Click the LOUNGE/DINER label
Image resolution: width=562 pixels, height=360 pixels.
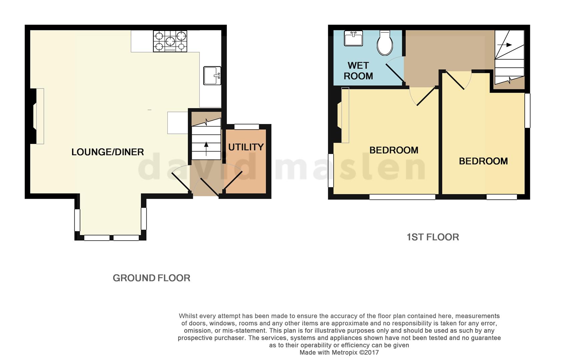point(107,152)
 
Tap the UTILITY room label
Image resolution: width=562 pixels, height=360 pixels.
point(246,147)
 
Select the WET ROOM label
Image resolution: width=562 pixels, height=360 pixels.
point(358,71)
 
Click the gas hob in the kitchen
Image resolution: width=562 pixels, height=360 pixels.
point(170,41)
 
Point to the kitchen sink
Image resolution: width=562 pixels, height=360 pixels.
point(212,76)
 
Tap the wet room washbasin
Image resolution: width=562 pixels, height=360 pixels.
point(353,38)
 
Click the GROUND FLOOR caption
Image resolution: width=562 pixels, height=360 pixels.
point(151,278)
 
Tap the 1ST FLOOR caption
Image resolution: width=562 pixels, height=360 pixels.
point(433,237)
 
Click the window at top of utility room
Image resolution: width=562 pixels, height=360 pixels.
point(246,127)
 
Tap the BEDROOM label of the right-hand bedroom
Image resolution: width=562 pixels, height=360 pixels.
point(483,161)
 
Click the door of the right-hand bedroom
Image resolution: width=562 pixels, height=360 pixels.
point(455,81)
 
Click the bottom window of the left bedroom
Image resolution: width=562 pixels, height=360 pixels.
point(402,197)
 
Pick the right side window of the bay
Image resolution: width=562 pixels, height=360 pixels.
point(144,219)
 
